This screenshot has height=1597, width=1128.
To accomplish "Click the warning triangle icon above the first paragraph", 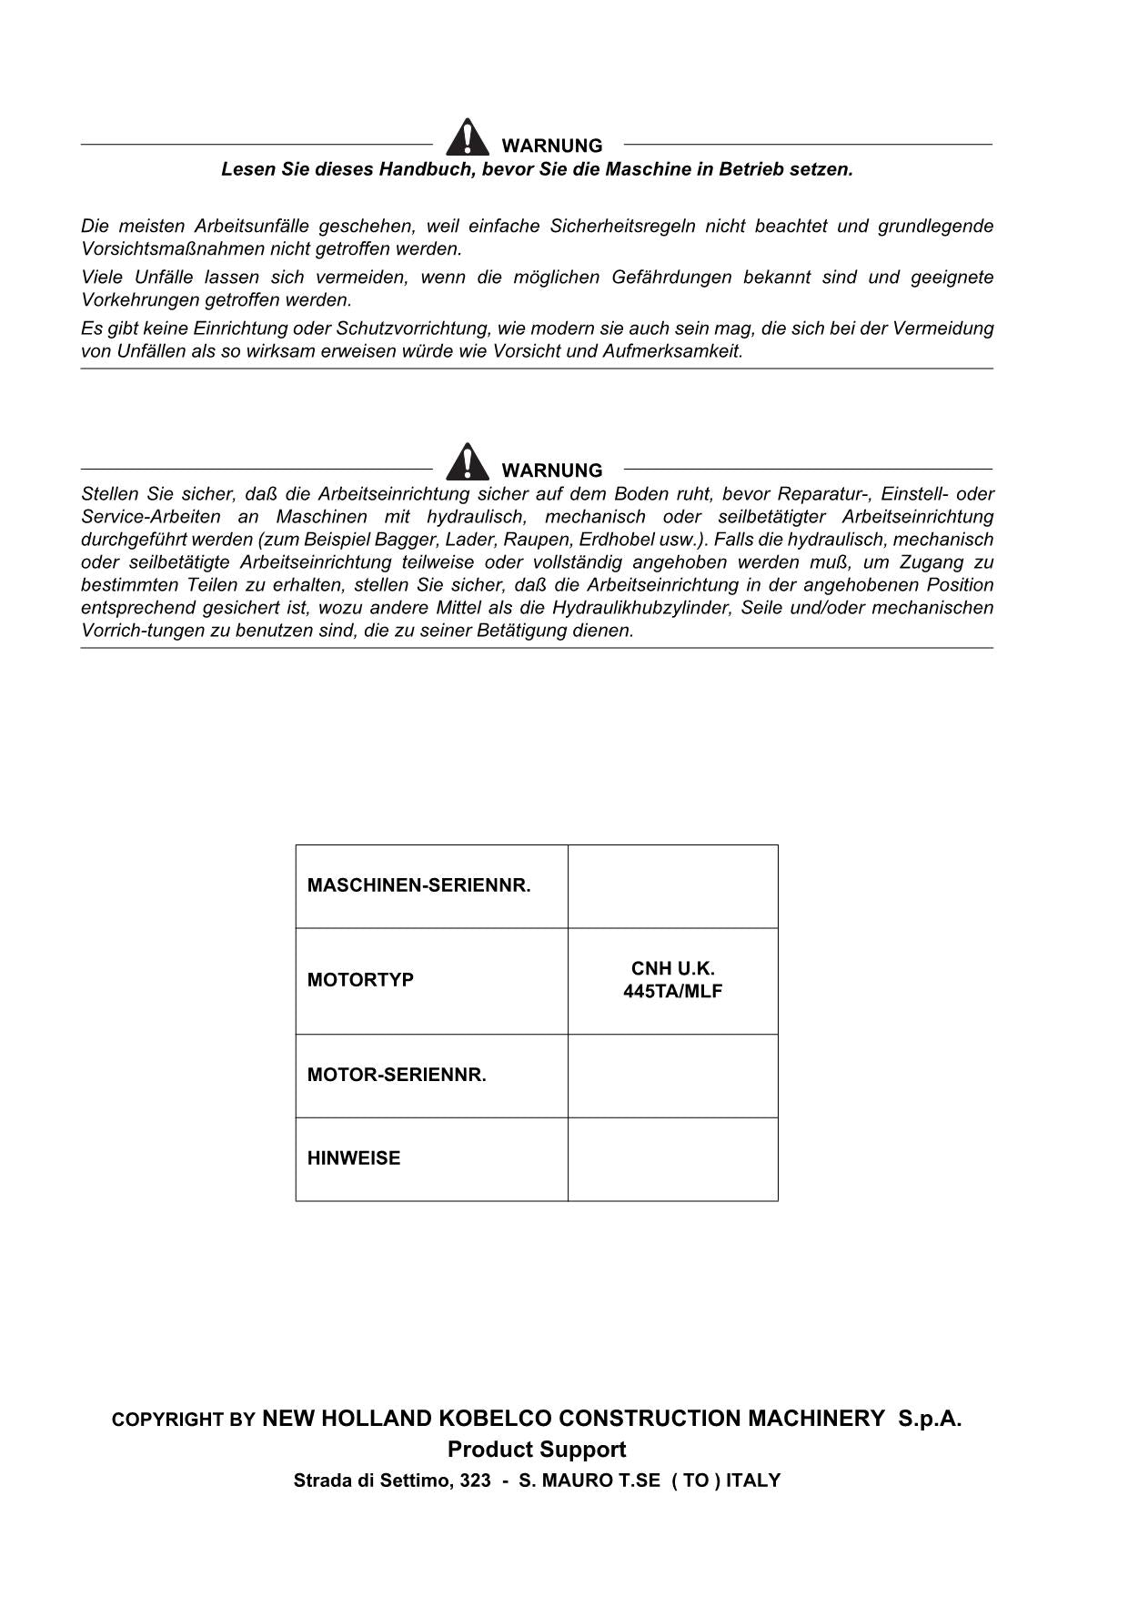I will click(467, 137).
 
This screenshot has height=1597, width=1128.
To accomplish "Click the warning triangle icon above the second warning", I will click(467, 462).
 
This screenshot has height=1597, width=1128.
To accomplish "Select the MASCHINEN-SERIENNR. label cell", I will click(418, 885).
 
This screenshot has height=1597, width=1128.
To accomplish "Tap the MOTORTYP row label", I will click(360, 980).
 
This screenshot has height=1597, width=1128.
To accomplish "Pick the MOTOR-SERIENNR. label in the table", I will click(397, 1075).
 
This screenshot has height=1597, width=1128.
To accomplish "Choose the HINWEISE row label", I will click(354, 1158).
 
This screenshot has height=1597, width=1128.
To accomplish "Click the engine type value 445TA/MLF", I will click(672, 992).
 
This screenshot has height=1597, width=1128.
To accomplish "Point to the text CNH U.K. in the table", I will click(672, 969).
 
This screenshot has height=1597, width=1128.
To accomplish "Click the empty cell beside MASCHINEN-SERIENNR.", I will click(672, 886).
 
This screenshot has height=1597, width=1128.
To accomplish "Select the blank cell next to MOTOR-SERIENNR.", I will click(672, 1076).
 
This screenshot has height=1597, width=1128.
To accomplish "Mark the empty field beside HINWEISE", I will click(672, 1159).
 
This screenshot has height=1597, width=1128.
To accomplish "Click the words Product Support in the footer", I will click(537, 1450).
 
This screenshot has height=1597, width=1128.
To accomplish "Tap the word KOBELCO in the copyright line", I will click(495, 1419).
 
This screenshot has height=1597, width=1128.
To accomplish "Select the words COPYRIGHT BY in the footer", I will click(183, 1420).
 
